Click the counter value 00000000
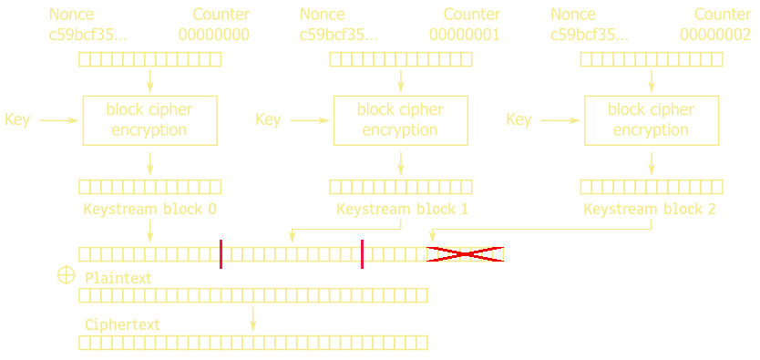point(213,36)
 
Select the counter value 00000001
point(464,36)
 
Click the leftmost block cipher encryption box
point(149,119)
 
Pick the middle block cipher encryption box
point(400,119)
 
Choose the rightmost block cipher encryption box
point(652,119)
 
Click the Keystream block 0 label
point(149,209)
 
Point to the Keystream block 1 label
point(402,209)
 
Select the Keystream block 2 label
point(650,209)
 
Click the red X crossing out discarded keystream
point(466,254)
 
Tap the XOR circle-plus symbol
point(65,274)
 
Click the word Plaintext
point(118,277)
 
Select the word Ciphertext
point(122,324)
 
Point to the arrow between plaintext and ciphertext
point(253,318)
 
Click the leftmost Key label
point(17,119)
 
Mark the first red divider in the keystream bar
point(221,254)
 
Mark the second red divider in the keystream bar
point(362,254)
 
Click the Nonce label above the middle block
point(322,15)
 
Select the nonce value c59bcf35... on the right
point(589,36)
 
